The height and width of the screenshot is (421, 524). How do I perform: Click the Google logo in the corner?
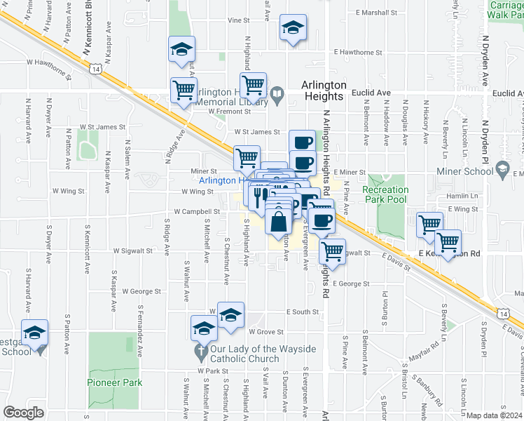click(x=24, y=413)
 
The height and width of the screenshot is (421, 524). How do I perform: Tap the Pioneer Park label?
click(x=115, y=382)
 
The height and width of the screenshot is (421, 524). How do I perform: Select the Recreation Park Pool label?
click(x=385, y=194)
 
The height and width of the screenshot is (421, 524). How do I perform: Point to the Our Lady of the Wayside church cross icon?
click(x=200, y=351)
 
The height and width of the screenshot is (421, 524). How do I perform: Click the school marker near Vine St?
click(x=292, y=29)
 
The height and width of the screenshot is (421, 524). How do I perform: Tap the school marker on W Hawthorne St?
click(x=181, y=50)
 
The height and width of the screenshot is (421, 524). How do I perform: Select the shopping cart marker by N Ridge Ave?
click(x=184, y=90)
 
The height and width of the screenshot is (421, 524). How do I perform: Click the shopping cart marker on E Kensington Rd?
click(x=448, y=243)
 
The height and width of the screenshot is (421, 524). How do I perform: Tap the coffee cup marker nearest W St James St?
click(x=302, y=142)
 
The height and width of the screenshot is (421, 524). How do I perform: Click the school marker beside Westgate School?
click(x=34, y=334)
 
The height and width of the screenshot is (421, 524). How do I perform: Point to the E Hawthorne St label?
click(x=359, y=52)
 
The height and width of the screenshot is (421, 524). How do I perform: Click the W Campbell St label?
click(x=197, y=210)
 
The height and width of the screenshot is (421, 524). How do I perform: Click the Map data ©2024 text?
click(x=495, y=415)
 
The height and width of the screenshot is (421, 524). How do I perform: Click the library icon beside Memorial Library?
click(x=277, y=93)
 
